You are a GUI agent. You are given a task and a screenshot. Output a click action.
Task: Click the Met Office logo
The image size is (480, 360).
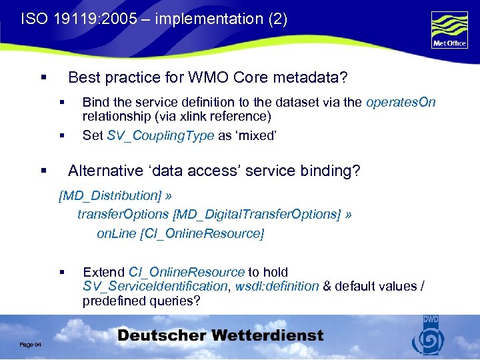[x=449, y=31]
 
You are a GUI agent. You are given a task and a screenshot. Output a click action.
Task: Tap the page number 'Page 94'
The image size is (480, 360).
[x=31, y=343]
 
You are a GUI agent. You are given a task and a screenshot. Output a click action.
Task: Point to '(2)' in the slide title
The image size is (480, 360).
[x=277, y=19]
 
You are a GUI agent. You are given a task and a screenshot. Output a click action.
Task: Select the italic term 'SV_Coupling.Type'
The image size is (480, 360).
[x=161, y=135]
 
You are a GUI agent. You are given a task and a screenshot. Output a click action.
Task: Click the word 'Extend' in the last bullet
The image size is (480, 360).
[x=103, y=272]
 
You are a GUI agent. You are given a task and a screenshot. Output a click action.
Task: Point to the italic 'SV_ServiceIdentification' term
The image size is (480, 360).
[x=155, y=286]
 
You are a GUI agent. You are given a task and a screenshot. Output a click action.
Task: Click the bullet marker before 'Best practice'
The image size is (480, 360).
[x=43, y=78]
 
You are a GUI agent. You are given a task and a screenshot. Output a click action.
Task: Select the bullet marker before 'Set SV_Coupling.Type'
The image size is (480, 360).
[x=61, y=136]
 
